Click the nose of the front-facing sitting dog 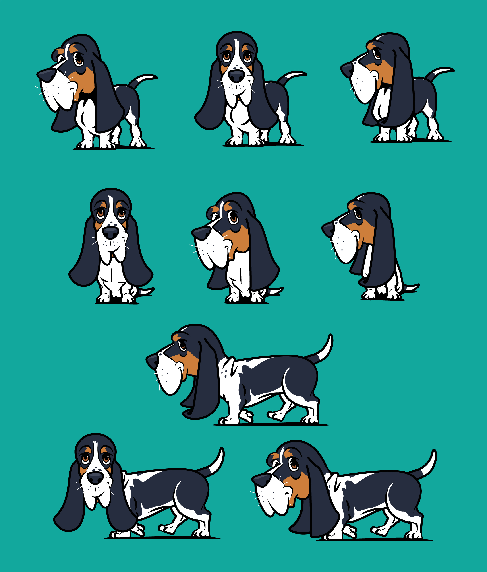click(x=111, y=233)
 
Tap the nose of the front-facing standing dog click(x=236, y=76)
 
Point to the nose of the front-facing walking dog click(x=95, y=478)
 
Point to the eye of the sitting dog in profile click(x=358, y=213)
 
